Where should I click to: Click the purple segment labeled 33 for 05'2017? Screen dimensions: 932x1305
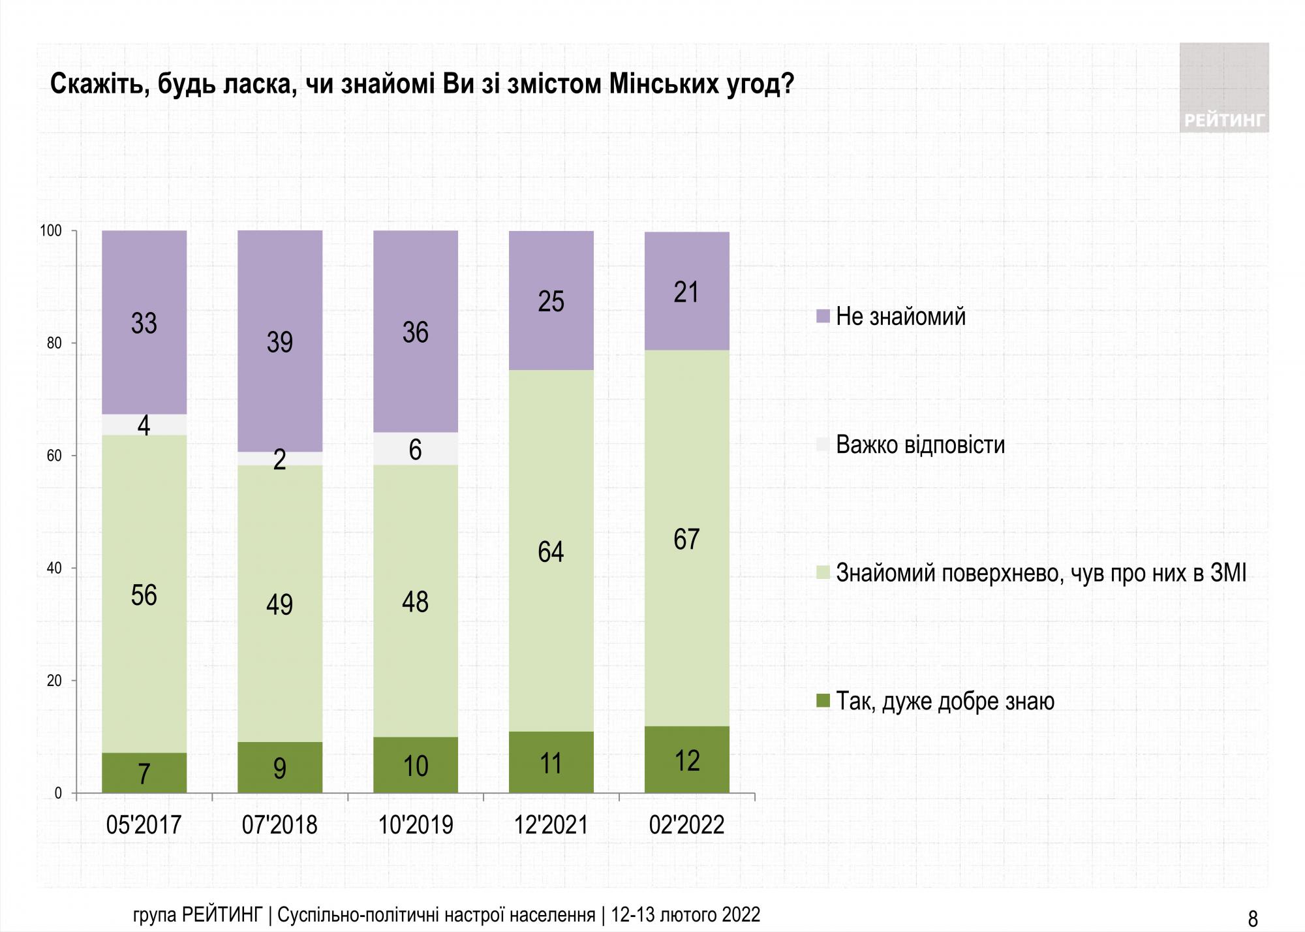coord(144,322)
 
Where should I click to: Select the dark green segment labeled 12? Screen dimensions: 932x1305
coord(686,759)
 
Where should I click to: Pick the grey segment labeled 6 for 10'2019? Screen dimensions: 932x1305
coord(416,448)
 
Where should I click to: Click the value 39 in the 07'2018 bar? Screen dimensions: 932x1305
coord(279,342)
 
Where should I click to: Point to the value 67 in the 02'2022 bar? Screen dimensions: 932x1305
coord(686,538)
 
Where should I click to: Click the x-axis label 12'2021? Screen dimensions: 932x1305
coord(551,825)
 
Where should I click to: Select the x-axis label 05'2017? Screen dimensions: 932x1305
coord(144,825)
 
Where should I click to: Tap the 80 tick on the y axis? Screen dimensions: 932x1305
coord(54,344)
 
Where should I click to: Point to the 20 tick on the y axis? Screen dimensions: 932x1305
coord(54,681)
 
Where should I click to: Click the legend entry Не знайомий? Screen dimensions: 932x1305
coord(900,317)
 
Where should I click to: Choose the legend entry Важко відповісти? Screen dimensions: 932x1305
coord(920,444)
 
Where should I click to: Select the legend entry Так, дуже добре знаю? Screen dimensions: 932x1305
coord(945,702)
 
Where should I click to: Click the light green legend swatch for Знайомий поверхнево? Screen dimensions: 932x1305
coord(823,574)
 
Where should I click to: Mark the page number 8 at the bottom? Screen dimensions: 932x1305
coord(1252,918)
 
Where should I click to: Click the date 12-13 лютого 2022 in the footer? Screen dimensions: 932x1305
coord(686,914)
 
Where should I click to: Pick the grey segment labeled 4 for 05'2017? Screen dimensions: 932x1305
coord(144,425)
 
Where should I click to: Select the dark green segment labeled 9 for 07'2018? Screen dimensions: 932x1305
coord(279,768)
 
